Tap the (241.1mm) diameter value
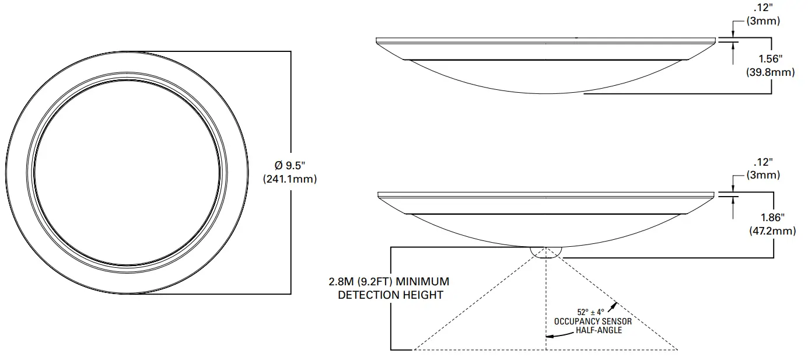click(290, 179)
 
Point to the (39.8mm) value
click(771, 72)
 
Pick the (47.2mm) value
click(772, 231)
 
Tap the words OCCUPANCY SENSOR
click(593, 321)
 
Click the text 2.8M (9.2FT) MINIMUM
click(389, 281)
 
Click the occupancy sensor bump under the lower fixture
click(546, 251)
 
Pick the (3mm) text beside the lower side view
click(764, 175)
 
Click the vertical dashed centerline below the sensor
click(546, 303)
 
